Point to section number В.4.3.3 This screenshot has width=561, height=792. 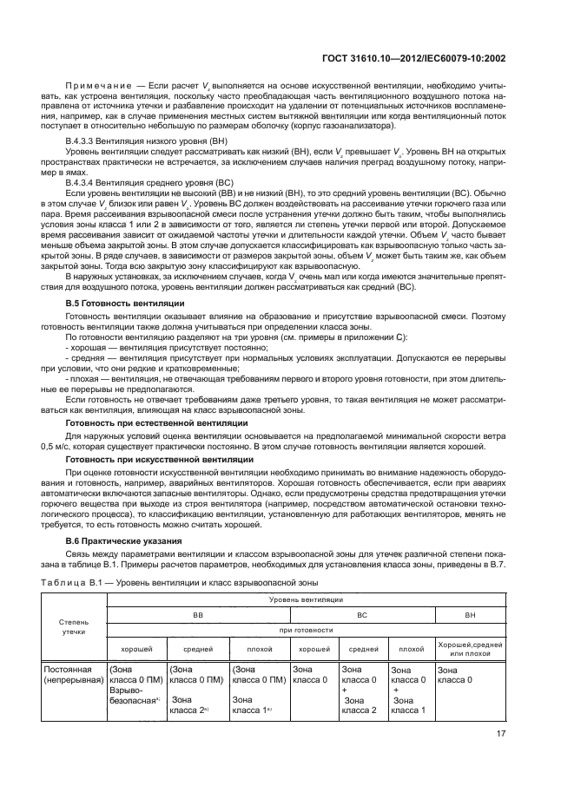click(x=84, y=140)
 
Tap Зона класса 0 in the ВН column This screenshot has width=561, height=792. click(x=454, y=675)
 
